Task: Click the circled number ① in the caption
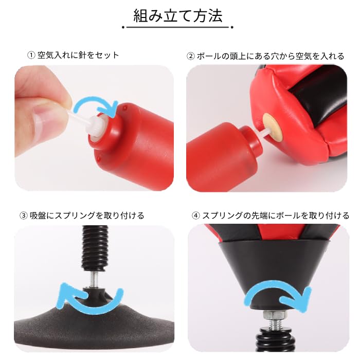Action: coord(32,55)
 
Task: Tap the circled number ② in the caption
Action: coord(191,56)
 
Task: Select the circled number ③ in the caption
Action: coord(22,215)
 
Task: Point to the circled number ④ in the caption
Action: coord(195,215)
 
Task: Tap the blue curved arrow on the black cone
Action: coord(278,297)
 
